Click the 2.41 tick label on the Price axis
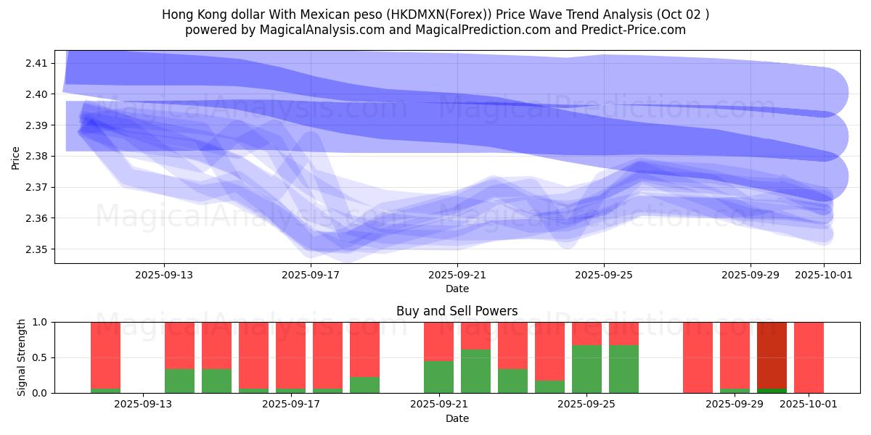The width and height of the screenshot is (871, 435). pos(36,63)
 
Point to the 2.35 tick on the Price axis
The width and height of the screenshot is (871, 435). pos(36,249)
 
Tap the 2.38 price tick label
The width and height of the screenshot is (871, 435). pos(36,156)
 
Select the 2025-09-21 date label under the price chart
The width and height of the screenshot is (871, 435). pos(457,275)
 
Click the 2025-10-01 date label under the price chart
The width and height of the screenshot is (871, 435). pos(823,275)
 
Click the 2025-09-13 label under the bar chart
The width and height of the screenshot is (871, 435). pos(144,405)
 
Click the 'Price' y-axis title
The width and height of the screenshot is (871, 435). pos(16,157)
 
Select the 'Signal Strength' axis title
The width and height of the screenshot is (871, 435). pos(22,357)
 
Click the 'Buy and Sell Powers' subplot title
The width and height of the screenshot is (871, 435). pos(457,311)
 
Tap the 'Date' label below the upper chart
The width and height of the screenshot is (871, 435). pos(457,289)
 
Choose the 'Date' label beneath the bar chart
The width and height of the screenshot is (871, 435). pos(457,418)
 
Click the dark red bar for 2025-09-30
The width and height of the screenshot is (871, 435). pos(772,355)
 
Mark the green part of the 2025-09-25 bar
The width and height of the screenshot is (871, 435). pos(586,369)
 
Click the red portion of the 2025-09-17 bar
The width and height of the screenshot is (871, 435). pos(290,355)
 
